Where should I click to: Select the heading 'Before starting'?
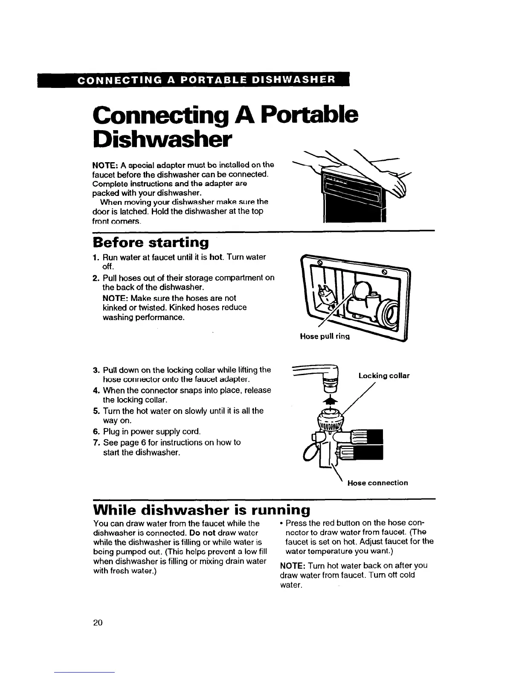151,242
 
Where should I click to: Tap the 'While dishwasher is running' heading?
201,510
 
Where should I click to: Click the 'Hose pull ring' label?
325,336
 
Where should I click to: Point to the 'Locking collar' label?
384,376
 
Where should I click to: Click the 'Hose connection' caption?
377,483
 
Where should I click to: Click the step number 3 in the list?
96,370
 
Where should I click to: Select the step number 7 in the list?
96,443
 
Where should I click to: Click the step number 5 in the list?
96,411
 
